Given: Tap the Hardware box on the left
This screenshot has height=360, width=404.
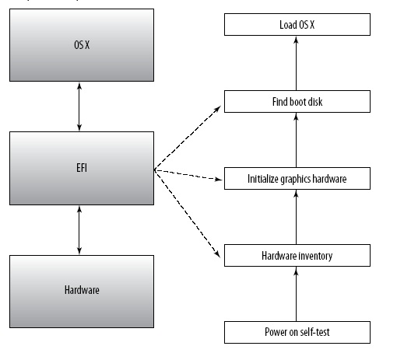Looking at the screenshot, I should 78,290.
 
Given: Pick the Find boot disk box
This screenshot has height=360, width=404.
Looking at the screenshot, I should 297,101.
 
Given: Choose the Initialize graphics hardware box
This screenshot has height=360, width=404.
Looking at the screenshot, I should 297,179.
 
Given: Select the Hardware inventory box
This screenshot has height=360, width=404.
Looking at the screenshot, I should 297,255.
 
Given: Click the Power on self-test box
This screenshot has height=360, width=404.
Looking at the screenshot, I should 297,332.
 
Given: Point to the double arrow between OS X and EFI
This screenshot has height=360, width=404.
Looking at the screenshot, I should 78,107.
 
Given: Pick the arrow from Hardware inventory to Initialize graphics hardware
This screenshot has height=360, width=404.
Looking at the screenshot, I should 297,217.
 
